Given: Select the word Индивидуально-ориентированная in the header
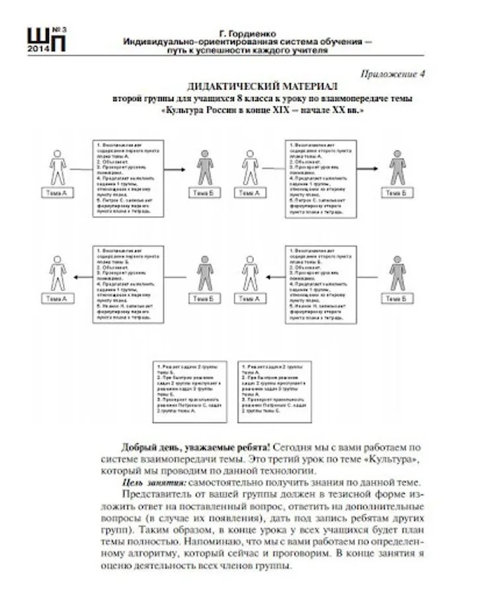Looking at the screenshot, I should tap(185, 41).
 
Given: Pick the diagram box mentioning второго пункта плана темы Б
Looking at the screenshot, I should tap(321, 284).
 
